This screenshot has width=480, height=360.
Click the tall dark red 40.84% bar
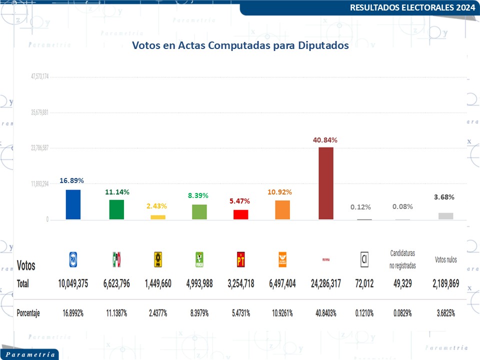[x=325, y=183]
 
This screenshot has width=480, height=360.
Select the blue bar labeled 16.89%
[x=73, y=204]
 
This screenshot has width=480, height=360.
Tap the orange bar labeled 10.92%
[x=282, y=209]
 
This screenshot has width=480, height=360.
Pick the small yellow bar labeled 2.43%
[x=158, y=217]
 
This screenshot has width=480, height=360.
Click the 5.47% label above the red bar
[x=240, y=201]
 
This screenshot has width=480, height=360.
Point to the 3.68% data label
[x=444, y=197]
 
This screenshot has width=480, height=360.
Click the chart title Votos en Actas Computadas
[x=240, y=45]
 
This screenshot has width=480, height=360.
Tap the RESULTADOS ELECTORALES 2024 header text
[x=412, y=7]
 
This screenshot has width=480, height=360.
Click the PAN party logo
[x=73, y=259]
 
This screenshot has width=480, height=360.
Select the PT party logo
[x=240, y=259]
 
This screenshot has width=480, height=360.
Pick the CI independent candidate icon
[x=364, y=259]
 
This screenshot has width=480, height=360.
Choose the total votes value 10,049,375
[x=73, y=283]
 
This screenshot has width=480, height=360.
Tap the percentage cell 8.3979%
[x=199, y=313]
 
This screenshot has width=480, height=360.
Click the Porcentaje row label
[x=28, y=313]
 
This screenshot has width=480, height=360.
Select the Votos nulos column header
[x=445, y=259]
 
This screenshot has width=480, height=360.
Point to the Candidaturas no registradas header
[x=402, y=259]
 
